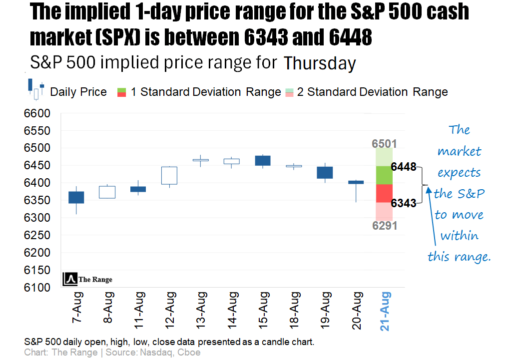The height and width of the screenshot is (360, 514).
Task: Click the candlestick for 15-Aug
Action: click(x=263, y=160)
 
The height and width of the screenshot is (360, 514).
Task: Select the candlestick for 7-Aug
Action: click(x=76, y=197)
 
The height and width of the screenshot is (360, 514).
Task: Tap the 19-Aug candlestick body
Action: click(x=325, y=172)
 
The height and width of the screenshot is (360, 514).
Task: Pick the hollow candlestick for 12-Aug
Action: click(x=169, y=175)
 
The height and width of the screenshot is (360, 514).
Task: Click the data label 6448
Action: click(x=404, y=167)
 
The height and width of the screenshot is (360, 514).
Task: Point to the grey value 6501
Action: click(x=385, y=144)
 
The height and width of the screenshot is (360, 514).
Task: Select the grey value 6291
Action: click(x=385, y=226)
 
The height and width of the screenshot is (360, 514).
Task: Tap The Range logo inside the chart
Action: click(x=88, y=280)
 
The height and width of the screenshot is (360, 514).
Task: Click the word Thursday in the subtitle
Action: click(x=320, y=64)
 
